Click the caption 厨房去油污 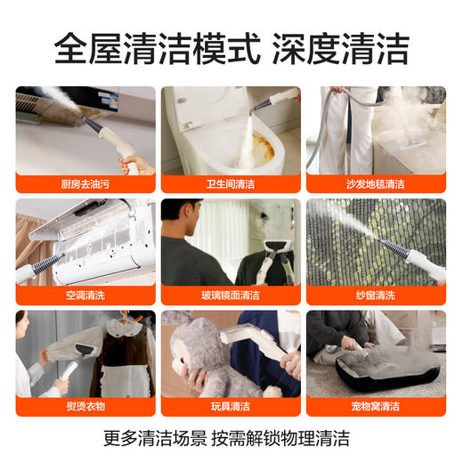(85, 183)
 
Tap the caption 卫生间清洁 (231, 183)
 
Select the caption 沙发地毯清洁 (376, 183)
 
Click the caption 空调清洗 (85, 295)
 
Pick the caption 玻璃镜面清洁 (231, 295)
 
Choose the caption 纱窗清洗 (376, 295)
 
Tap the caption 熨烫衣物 (85, 406)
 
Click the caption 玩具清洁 (231, 406)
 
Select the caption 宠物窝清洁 (376, 406)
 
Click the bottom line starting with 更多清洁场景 (231, 438)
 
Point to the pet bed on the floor (378, 370)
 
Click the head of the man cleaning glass (191, 218)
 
